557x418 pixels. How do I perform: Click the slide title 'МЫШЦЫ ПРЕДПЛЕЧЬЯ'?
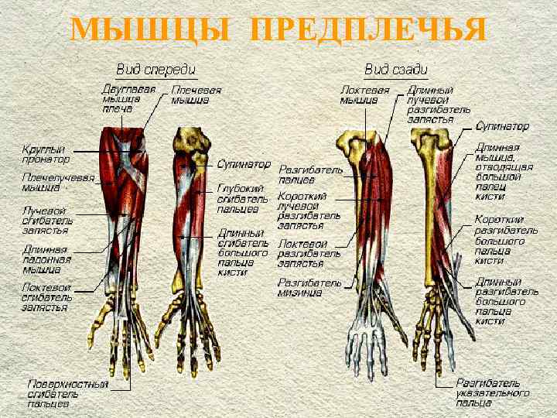(x=278, y=30)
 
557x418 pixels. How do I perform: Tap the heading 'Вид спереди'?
(x=155, y=69)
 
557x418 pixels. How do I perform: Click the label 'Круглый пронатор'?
(x=45, y=153)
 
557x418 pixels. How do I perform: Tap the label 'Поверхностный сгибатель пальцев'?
(x=68, y=392)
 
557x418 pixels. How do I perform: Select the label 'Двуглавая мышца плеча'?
(x=128, y=99)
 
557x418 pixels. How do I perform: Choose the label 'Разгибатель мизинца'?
(x=309, y=287)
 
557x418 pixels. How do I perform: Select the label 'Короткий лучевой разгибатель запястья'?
(x=309, y=211)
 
